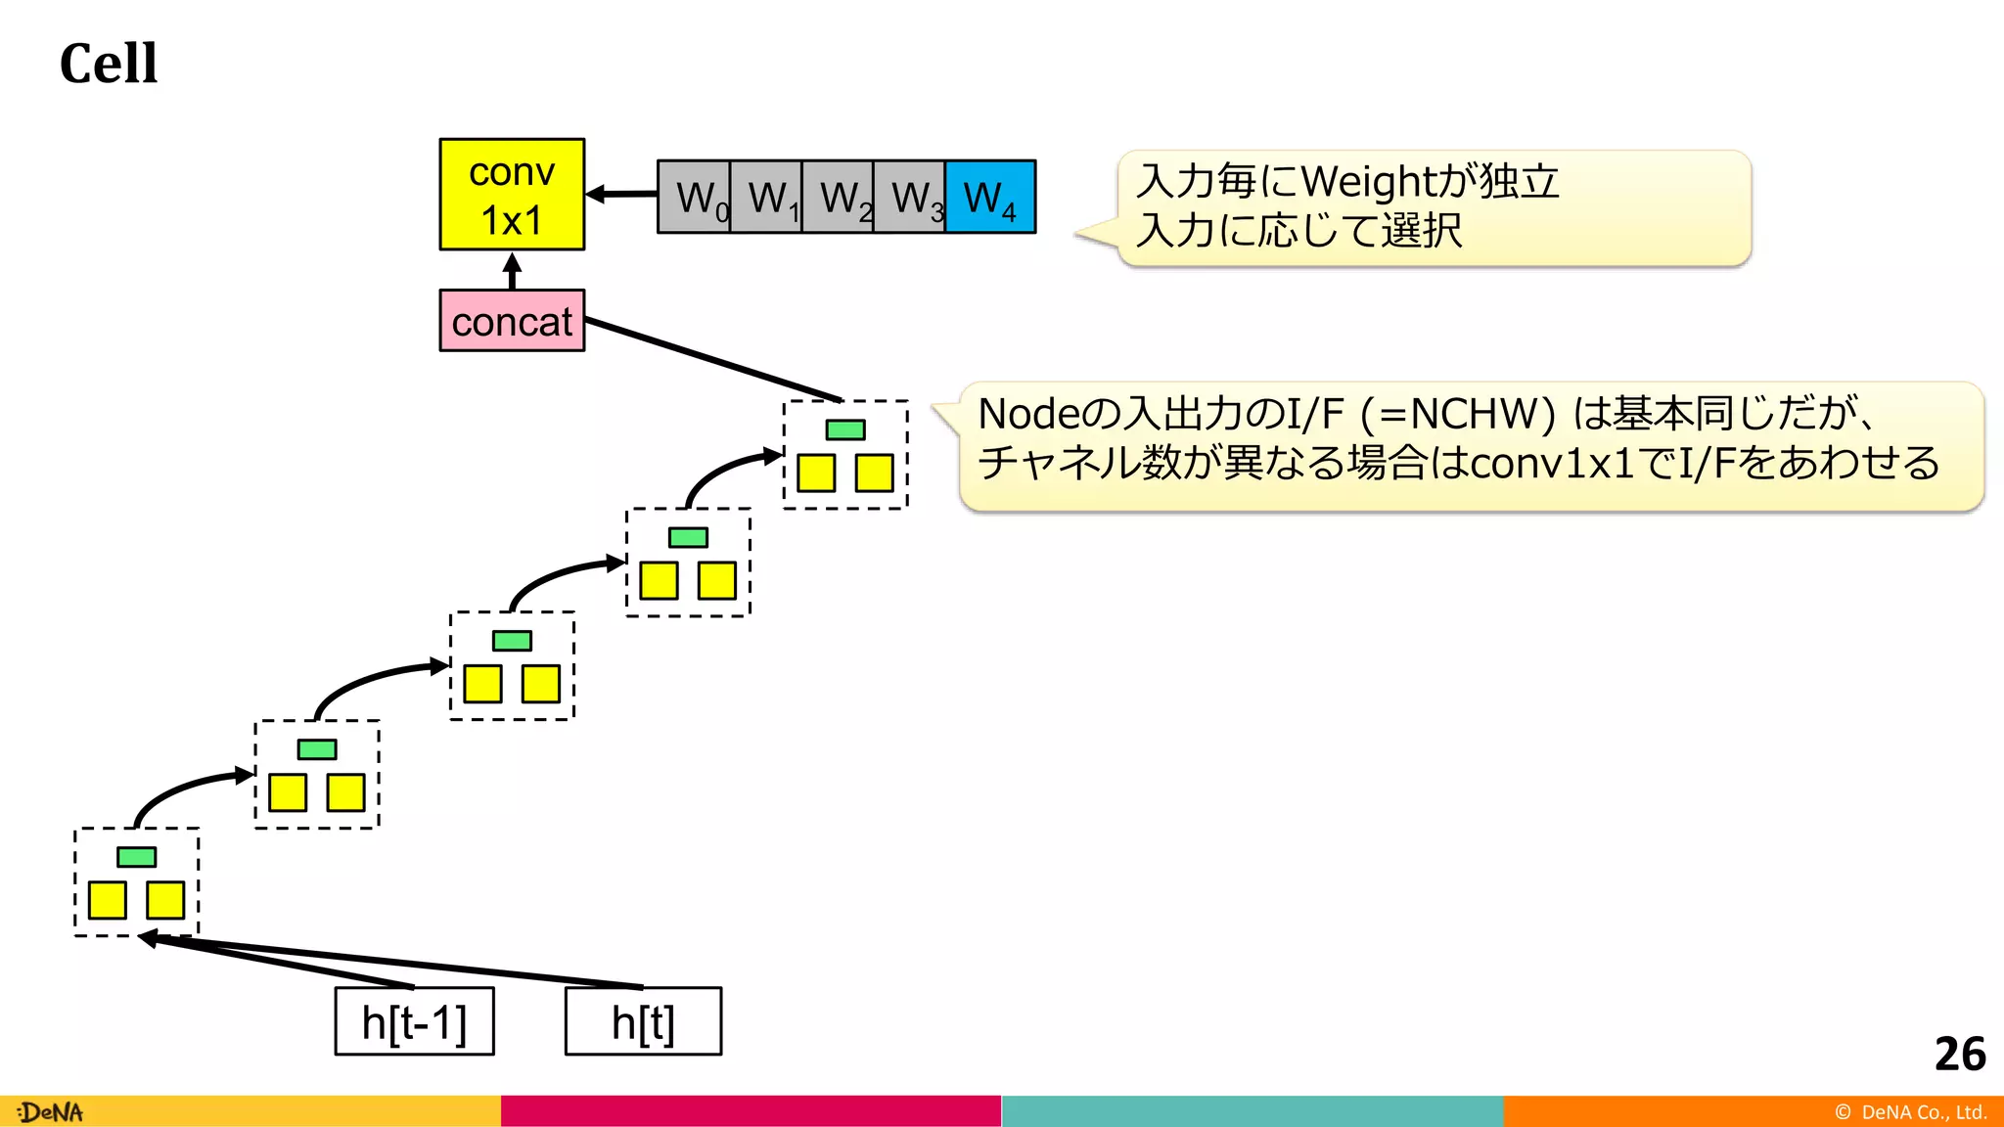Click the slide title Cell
click(108, 65)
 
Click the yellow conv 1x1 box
click(512, 195)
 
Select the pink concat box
click(512, 321)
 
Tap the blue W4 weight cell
click(990, 198)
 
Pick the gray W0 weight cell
click(695, 198)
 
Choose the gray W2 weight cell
click(839, 198)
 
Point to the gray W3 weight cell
click(910, 198)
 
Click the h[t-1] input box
click(414, 1022)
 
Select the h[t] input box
click(643, 1022)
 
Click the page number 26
click(1959, 1055)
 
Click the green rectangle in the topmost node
click(845, 429)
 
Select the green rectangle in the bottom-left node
click(136, 857)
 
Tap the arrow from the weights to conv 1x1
click(622, 195)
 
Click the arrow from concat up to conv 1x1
click(512, 270)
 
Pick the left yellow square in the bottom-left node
click(108, 900)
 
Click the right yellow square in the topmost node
click(874, 473)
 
